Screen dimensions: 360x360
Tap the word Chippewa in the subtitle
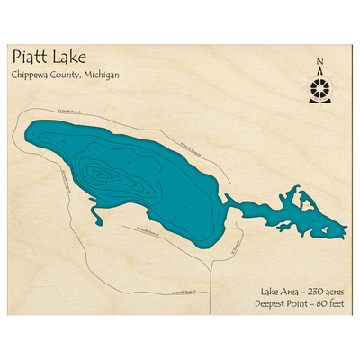pos(32,76)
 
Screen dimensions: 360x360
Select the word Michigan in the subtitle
pos(101,76)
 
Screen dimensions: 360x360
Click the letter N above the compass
pos(319,63)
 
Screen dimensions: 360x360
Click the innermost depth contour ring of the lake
pos(106,173)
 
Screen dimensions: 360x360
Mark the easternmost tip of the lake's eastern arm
pos(346,224)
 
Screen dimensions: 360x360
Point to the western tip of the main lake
pos(29,135)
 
